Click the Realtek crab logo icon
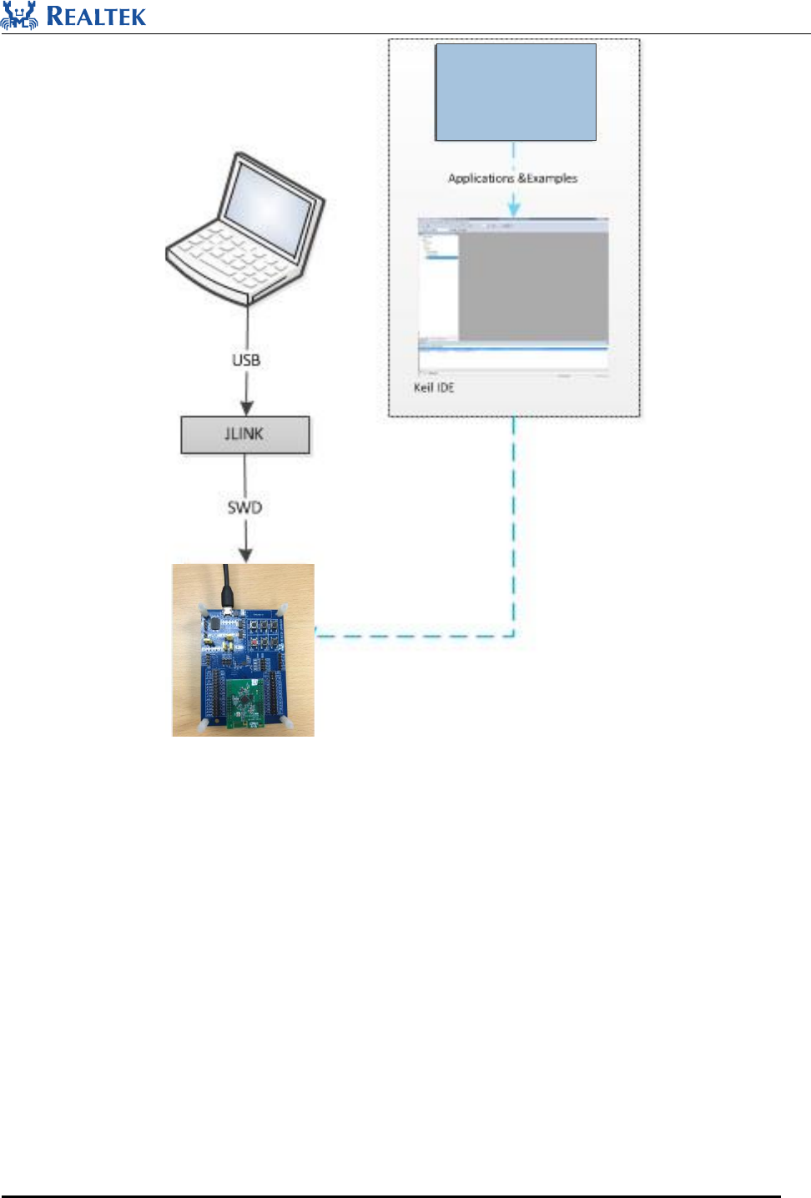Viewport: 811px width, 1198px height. tap(19, 16)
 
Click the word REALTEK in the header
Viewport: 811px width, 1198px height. tap(96, 17)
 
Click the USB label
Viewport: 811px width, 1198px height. tap(246, 360)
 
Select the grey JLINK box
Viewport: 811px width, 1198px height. tap(245, 435)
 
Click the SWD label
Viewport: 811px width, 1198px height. tap(244, 507)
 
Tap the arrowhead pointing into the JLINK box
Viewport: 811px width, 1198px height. tap(246, 408)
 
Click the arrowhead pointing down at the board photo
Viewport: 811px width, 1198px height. tap(245, 555)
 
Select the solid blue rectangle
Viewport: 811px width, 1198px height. tap(516, 92)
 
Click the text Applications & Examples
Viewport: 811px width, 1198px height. tap(512, 178)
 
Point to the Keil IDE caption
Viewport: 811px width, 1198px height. tap(434, 388)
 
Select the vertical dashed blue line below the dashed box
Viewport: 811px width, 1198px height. tap(513, 526)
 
